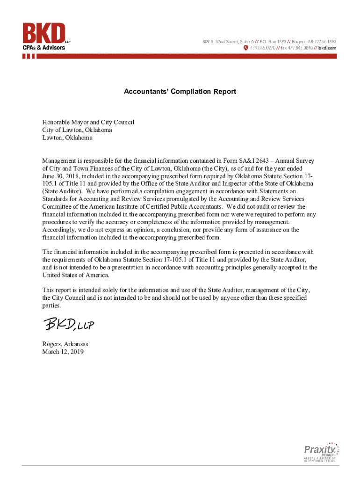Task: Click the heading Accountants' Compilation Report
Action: pos(180,92)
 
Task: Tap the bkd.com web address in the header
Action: pos(327,48)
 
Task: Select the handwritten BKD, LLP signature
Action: pos(70,324)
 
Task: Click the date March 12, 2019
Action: pos(63,352)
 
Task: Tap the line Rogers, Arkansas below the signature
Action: pos(65,344)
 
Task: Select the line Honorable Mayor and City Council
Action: pos(88,122)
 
